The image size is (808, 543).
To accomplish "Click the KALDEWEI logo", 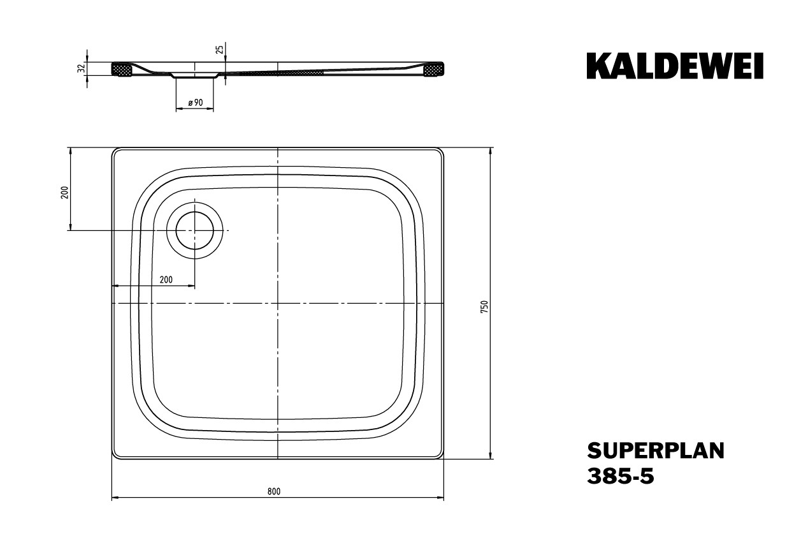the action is pyautogui.click(x=675, y=66).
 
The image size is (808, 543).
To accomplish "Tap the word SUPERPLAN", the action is pyautogui.click(x=656, y=451).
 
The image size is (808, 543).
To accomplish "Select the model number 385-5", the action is pyautogui.click(x=621, y=476).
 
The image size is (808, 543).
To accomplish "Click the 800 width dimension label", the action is pyautogui.click(x=274, y=491).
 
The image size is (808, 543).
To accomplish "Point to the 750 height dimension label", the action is pyautogui.click(x=484, y=306).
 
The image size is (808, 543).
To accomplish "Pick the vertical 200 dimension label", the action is pyautogui.click(x=64, y=193).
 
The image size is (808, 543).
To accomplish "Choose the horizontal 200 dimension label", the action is pyautogui.click(x=166, y=279).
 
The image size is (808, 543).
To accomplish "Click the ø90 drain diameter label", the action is pyautogui.click(x=196, y=103).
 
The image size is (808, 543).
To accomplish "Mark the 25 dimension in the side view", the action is pyautogui.click(x=220, y=48).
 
